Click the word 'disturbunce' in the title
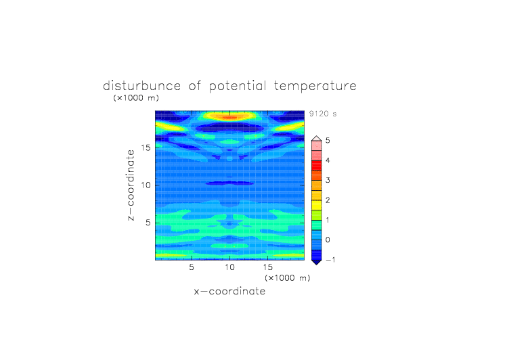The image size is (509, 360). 142,86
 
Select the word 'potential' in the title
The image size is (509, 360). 238,87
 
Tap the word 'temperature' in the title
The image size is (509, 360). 315,87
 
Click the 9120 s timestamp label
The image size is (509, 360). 323,114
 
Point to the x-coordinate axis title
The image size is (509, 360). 229,291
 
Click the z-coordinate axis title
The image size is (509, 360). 131,185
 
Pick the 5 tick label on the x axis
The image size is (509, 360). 192,267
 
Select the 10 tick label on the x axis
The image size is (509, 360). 230,267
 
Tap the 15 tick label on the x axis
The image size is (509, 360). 268,267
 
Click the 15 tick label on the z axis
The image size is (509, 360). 146,148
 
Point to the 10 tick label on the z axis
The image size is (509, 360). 146,185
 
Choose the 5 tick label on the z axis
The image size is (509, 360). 148,223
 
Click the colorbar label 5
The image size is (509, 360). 328,141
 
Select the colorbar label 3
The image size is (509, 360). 328,180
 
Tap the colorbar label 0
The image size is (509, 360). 328,240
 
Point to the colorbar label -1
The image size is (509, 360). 330,260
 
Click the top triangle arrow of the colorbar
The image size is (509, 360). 317,139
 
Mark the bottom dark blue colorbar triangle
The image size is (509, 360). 317,263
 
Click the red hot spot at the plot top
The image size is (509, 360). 230,117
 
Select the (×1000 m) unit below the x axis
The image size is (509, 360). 287,278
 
